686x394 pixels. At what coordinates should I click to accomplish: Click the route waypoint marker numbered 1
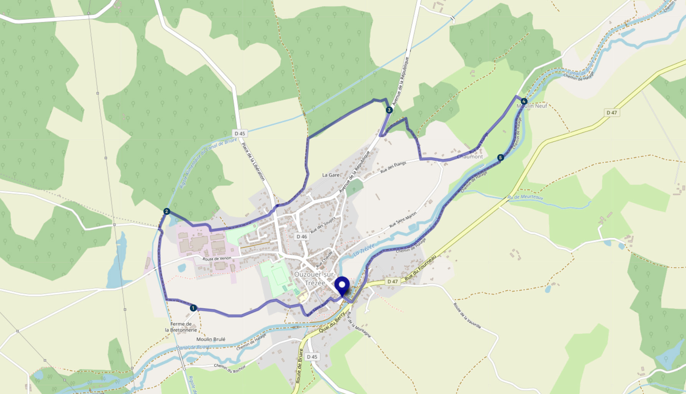point(193,308)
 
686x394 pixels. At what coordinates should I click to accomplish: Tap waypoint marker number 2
point(167,211)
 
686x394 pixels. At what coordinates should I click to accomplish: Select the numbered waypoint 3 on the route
point(389,110)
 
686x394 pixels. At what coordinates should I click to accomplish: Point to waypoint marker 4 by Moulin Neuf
point(524,101)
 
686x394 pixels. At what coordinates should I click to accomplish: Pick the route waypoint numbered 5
point(500,158)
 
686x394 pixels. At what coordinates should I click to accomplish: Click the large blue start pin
point(342,285)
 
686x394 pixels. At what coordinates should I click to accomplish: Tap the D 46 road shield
point(302,237)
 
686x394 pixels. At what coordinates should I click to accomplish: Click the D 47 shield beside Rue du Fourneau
point(392,282)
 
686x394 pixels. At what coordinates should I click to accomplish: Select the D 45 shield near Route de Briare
point(312,357)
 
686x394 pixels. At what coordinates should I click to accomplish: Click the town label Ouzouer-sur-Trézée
point(315,279)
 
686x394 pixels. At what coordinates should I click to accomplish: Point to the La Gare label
point(331,175)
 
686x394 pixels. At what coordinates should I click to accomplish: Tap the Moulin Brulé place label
point(211,339)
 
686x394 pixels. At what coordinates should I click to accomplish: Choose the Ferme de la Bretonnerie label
point(181,327)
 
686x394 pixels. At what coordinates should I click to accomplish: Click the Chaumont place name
point(470,157)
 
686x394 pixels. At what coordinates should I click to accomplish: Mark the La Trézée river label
point(363,250)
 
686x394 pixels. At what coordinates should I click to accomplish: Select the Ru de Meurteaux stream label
point(525,197)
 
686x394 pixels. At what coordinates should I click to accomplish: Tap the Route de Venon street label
point(217,259)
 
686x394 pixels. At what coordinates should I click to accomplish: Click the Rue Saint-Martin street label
point(403,219)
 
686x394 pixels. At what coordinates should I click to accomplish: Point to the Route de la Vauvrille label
point(467,316)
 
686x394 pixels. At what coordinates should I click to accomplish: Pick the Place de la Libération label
point(253,162)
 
